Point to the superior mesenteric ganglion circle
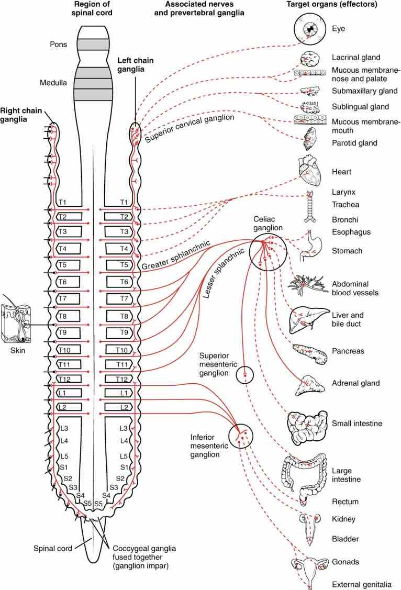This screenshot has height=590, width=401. [x=244, y=375]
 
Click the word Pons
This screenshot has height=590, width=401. [x=58, y=44]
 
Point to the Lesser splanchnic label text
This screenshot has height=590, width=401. [x=224, y=274]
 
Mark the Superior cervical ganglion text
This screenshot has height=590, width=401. [x=190, y=128]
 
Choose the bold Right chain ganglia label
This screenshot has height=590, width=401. [x=21, y=115]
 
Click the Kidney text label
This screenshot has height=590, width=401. [x=343, y=519]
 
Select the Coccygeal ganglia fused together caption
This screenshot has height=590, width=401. [x=144, y=557]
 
